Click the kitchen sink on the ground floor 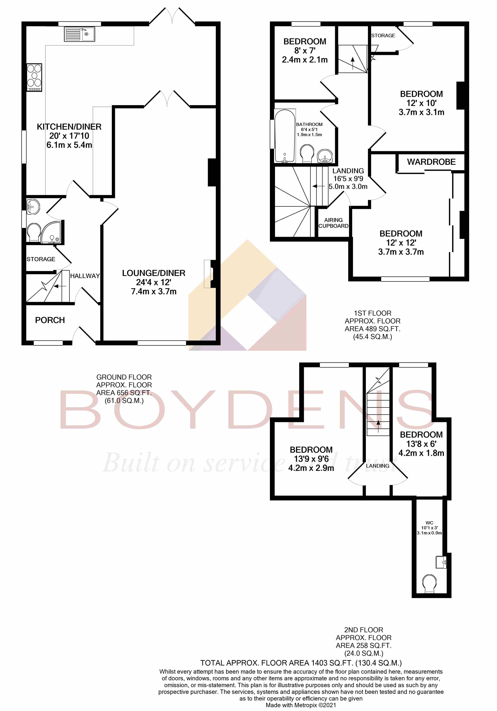click(79, 34)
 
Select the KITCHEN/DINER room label click(69, 127)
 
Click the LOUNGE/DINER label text click(154, 273)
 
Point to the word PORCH click(50, 320)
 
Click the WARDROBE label click(431, 162)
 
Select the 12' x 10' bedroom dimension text click(421, 103)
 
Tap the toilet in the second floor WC click(430, 583)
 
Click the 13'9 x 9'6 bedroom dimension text click(311, 459)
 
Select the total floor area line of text click(301, 663)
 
